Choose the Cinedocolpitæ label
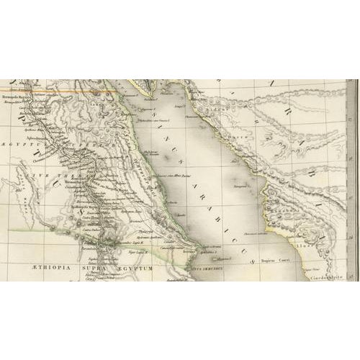(325, 274)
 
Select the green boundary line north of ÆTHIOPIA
(29, 229)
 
